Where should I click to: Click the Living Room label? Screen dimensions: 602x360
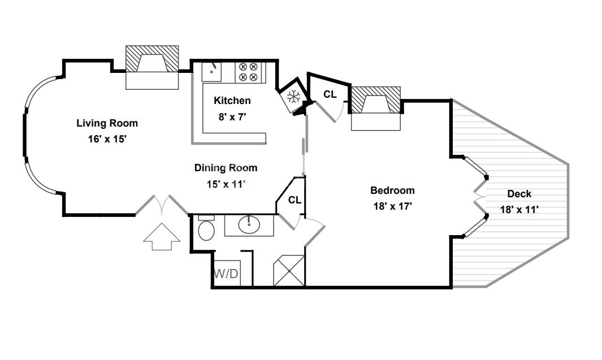pyautogui.click(x=107, y=123)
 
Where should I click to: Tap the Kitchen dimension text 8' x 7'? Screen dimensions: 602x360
pyautogui.click(x=232, y=116)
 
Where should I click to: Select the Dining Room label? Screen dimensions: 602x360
pyautogui.click(x=226, y=168)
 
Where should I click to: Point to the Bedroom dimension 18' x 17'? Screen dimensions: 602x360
pyautogui.click(x=392, y=206)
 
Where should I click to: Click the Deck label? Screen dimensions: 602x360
pyautogui.click(x=519, y=194)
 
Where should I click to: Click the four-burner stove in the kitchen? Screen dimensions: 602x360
pyautogui.click(x=250, y=72)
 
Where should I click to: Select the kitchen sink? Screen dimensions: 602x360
pyautogui.click(x=211, y=72)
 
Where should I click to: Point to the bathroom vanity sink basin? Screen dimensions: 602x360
pyautogui.click(x=249, y=224)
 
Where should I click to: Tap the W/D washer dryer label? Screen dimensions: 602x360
pyautogui.click(x=226, y=274)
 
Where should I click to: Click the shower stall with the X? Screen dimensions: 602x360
pyautogui.click(x=289, y=271)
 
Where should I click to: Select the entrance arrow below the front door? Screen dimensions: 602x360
pyautogui.click(x=162, y=237)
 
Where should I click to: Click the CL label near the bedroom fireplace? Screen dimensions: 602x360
pyautogui.click(x=330, y=94)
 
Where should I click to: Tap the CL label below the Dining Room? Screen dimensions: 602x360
pyautogui.click(x=294, y=200)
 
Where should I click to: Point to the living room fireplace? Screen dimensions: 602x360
pyautogui.click(x=152, y=67)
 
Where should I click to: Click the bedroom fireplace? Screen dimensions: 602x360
pyautogui.click(x=376, y=109)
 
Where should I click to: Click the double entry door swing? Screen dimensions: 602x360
pyautogui.click(x=162, y=205)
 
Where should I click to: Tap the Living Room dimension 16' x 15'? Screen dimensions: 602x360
pyautogui.click(x=107, y=139)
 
